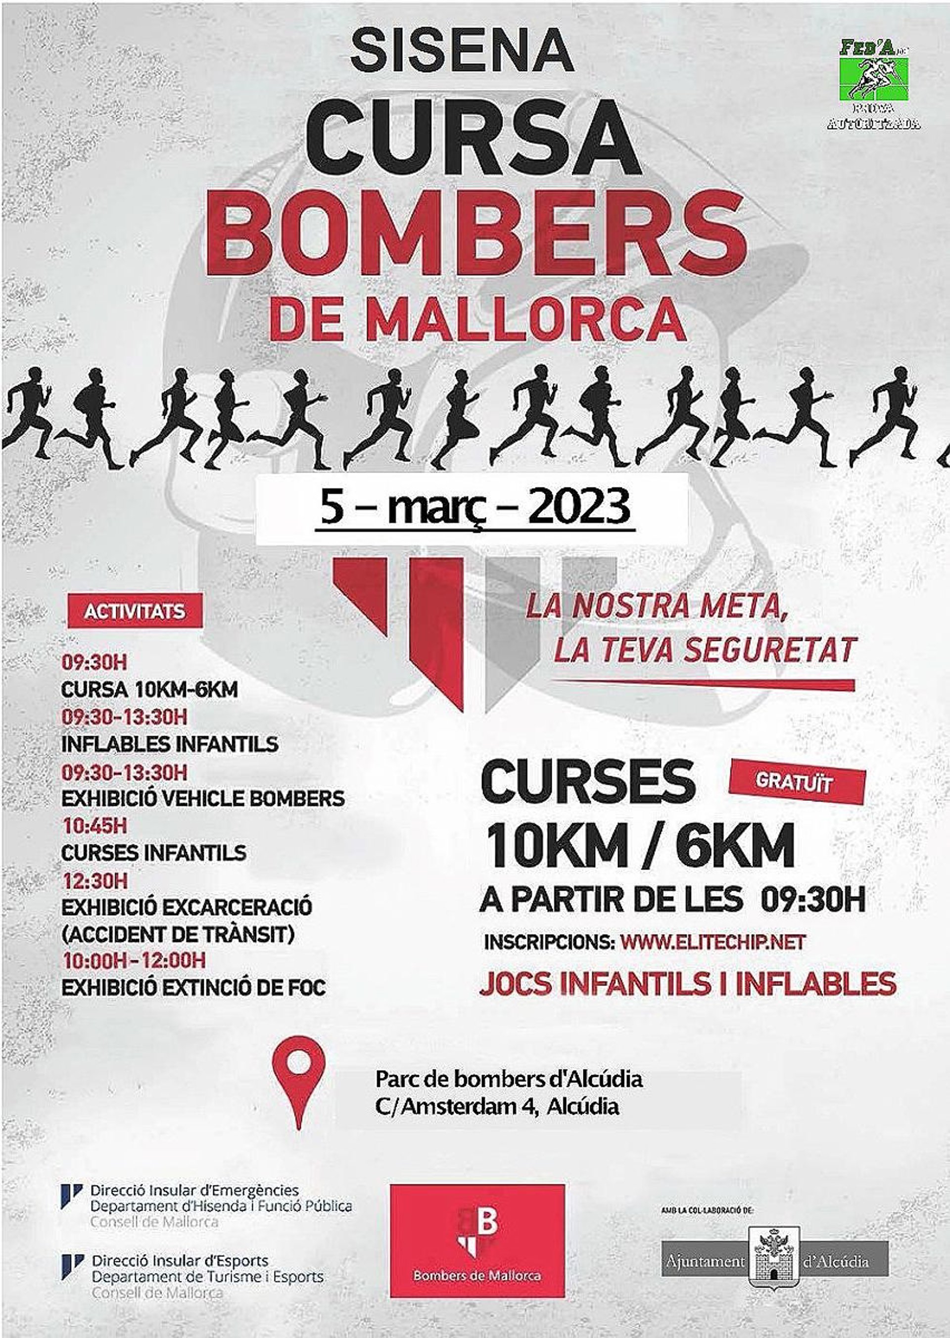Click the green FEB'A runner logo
coord(874,79)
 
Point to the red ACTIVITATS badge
coord(135,612)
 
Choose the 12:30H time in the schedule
coord(94,880)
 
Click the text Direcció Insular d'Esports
coord(180,1260)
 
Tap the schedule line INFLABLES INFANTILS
coord(170,744)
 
